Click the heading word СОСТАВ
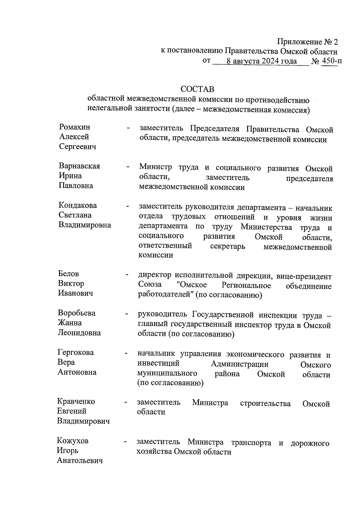(x=197, y=89)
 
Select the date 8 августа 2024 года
(x=262, y=61)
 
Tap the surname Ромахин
(x=75, y=127)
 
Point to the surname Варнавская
(x=79, y=166)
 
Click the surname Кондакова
(x=78, y=205)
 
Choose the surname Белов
(x=68, y=274)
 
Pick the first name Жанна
(x=70, y=323)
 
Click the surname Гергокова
(x=76, y=352)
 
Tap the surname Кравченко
(x=76, y=401)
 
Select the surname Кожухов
(x=73, y=441)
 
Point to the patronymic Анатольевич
(x=80, y=460)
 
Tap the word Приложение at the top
(x=296, y=41)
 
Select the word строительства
(x=265, y=404)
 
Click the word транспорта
(x=251, y=443)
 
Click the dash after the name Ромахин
(x=128, y=128)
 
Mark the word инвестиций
(x=158, y=364)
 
